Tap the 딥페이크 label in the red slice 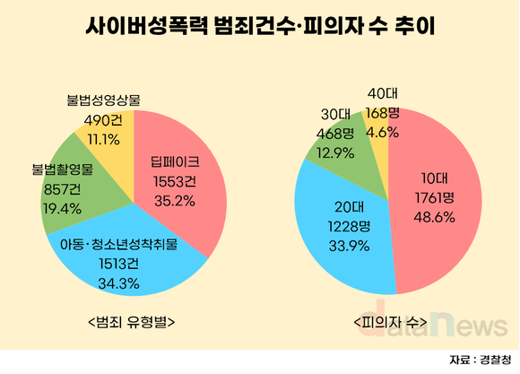click(175, 163)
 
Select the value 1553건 click(175, 181)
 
